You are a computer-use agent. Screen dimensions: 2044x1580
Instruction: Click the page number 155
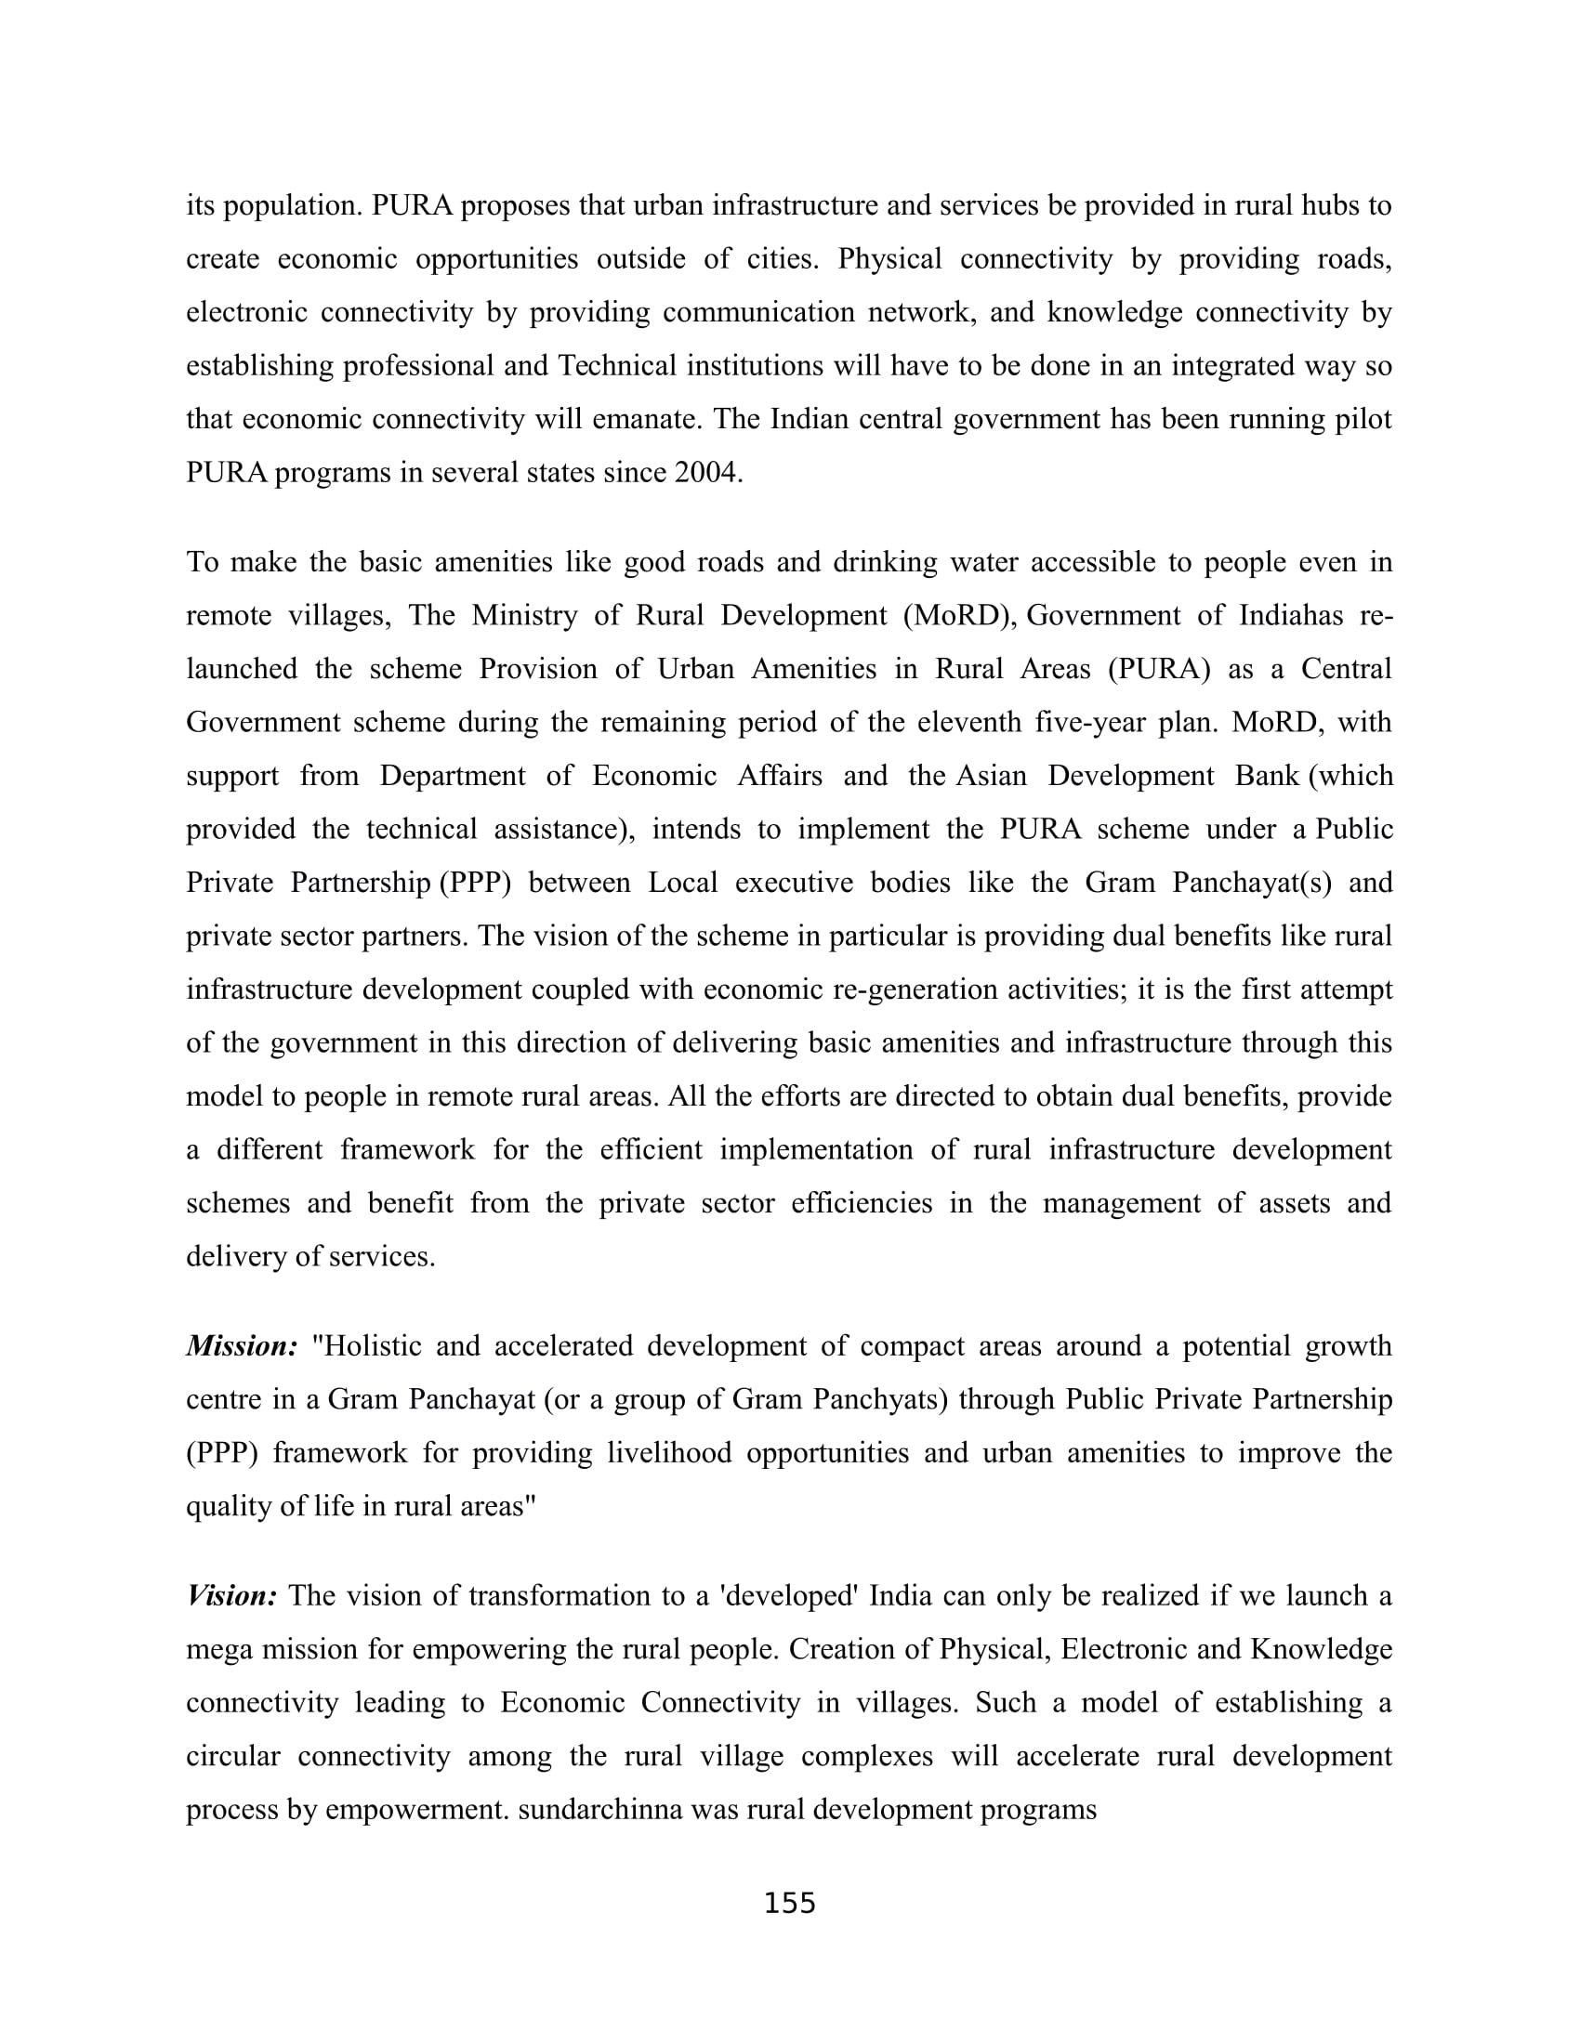pyautogui.click(x=790, y=1903)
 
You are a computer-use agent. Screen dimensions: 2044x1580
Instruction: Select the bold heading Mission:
pyautogui.click(x=242, y=1346)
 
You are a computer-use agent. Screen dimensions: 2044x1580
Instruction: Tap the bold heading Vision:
pyautogui.click(x=231, y=1594)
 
